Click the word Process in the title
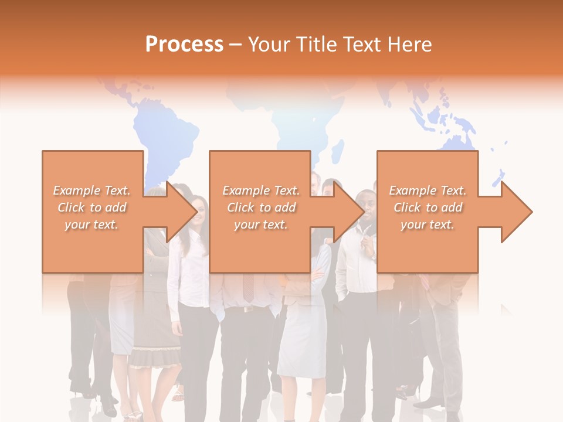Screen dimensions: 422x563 (184, 45)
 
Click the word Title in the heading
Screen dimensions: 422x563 (316, 45)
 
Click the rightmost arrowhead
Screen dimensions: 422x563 (516, 212)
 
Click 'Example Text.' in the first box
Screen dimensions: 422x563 (92, 190)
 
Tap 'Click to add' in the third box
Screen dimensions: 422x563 (428, 207)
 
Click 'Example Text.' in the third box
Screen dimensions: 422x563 (428, 190)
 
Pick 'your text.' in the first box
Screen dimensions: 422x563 (92, 224)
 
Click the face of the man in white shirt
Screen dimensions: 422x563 (366, 205)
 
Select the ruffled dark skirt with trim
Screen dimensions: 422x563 (150, 352)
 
